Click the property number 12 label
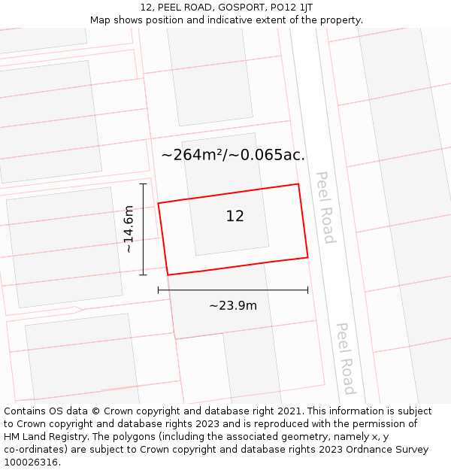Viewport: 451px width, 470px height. pos(235,216)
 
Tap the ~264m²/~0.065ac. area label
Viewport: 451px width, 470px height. pos(233,155)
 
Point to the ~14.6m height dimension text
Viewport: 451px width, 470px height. pos(129,229)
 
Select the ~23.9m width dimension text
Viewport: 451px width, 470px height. pos(233,305)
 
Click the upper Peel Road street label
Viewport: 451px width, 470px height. pos(325,207)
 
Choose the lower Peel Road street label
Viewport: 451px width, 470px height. pos(345,359)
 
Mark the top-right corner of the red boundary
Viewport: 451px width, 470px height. pos(298,183)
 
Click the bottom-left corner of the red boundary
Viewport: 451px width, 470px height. pos(167,275)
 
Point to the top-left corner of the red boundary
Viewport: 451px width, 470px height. pos(158,203)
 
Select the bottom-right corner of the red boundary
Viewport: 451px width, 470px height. pos(307,257)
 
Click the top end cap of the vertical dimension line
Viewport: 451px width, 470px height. pos(143,183)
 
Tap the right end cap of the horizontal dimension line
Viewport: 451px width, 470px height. pos(307,290)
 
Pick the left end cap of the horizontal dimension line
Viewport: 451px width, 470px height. pos(158,290)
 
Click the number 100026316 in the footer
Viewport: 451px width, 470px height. pos(32,462)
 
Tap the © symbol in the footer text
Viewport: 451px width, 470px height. pos(96,411)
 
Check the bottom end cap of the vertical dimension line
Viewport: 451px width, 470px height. pos(143,275)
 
